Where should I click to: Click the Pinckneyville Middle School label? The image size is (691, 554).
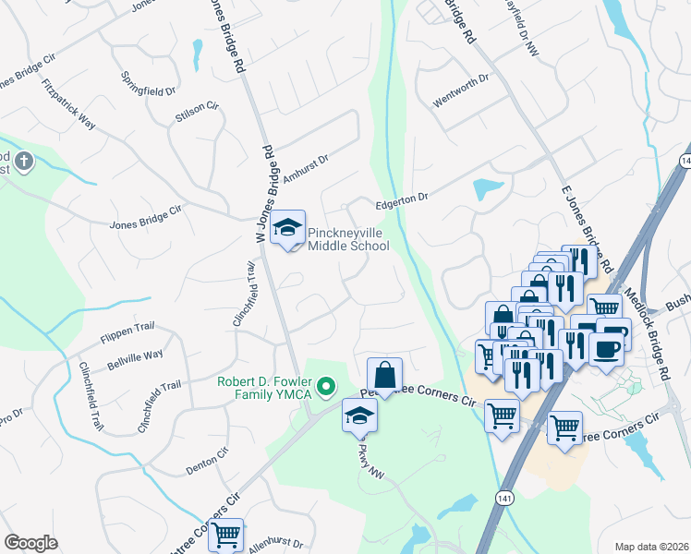347,239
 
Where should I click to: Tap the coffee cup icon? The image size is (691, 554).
606,349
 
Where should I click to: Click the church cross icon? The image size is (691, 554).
24,163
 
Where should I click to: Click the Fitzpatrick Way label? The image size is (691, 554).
68,104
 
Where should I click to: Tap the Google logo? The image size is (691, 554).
30,542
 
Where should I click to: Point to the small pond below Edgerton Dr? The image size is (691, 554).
488,189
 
